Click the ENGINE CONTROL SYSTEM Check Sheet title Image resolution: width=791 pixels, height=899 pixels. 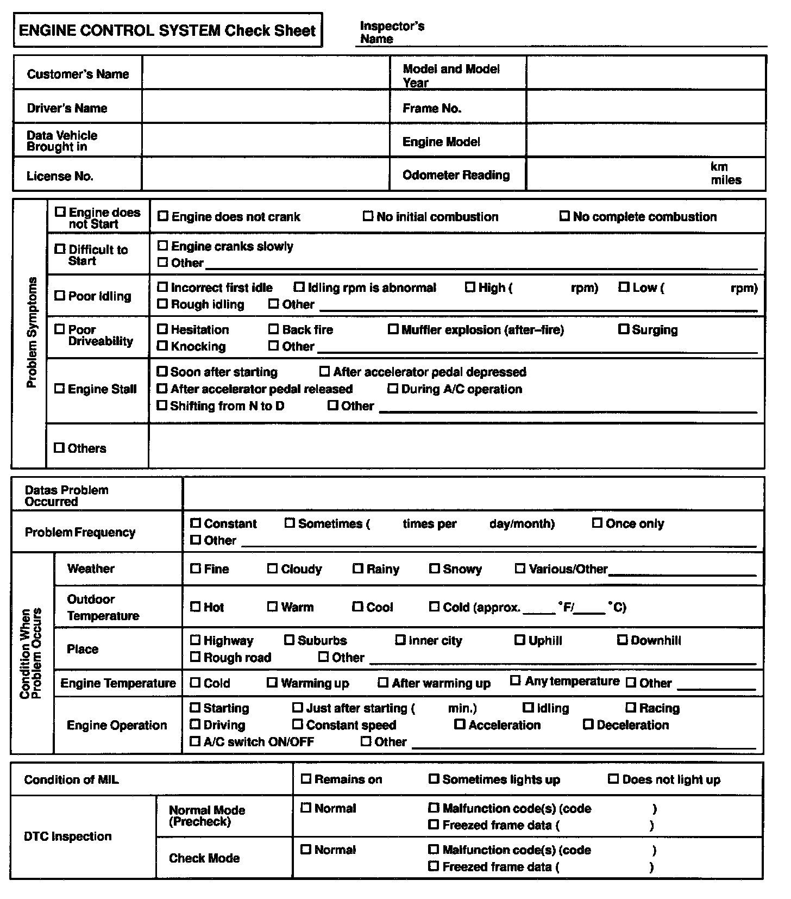pyautogui.click(x=167, y=30)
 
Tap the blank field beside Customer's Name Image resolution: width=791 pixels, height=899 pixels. pyautogui.click(x=266, y=73)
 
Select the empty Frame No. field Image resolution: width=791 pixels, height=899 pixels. pyautogui.click(x=645, y=108)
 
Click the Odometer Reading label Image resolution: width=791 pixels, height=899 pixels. pyautogui.click(x=456, y=175)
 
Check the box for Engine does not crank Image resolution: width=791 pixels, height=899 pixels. pyautogui.click(x=162, y=216)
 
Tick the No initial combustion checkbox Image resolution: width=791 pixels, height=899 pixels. pyautogui.click(x=368, y=216)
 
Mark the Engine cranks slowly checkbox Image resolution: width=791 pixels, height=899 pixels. pyautogui.click(x=162, y=246)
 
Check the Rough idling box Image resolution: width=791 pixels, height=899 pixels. pyautogui.click(x=162, y=304)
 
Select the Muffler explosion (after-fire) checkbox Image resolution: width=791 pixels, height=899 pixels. pyautogui.click(x=393, y=329)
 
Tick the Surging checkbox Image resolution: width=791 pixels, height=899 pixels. pyautogui.click(x=624, y=329)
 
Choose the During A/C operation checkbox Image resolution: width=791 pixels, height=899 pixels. pyautogui.click(x=393, y=389)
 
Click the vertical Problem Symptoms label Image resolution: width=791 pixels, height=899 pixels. pyautogui.click(x=32, y=332)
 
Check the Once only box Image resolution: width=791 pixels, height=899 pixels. pyautogui.click(x=597, y=523)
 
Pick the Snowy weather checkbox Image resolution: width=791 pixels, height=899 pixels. pyautogui.click(x=435, y=569)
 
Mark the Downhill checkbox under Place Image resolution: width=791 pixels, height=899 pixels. pyautogui.click(x=623, y=640)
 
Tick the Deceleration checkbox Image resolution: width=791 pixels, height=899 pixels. pyautogui.click(x=588, y=724)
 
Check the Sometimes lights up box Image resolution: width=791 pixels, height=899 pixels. pyautogui.click(x=434, y=779)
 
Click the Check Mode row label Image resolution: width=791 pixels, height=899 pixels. pyautogui.click(x=204, y=858)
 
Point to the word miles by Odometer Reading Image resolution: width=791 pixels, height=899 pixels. pyautogui.click(x=726, y=180)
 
